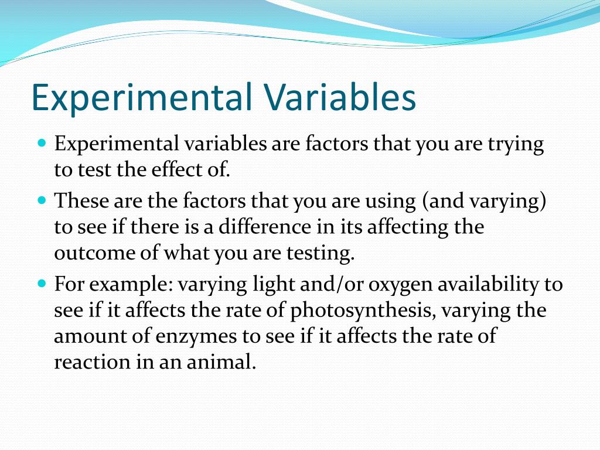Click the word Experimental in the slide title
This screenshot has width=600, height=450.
click(142, 98)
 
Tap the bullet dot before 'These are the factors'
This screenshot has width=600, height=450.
click(42, 200)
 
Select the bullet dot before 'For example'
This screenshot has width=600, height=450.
click(42, 284)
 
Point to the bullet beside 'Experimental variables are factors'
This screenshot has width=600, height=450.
click(42, 144)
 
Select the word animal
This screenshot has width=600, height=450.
click(221, 361)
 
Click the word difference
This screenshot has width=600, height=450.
click(264, 227)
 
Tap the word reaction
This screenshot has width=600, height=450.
click(92, 362)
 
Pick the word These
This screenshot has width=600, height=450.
click(81, 200)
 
